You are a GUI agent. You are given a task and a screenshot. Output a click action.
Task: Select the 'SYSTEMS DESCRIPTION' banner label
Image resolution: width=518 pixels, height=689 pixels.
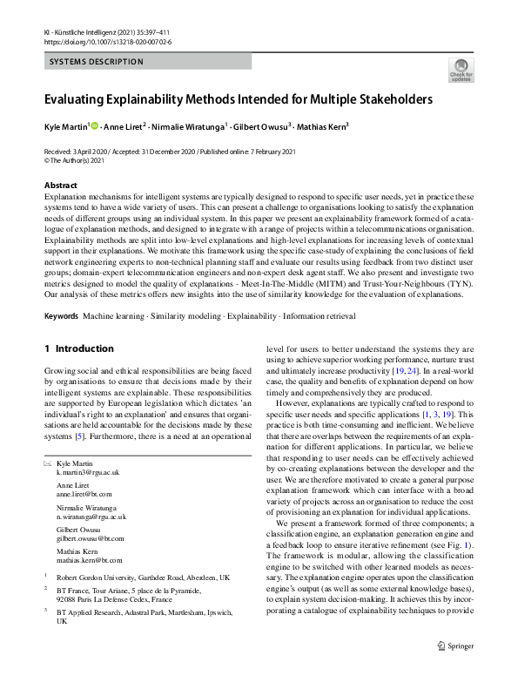point(96,62)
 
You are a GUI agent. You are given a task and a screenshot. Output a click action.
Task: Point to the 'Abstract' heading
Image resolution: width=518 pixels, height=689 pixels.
point(60,186)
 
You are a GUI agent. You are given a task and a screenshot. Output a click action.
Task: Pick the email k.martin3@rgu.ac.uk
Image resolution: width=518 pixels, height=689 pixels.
point(87,471)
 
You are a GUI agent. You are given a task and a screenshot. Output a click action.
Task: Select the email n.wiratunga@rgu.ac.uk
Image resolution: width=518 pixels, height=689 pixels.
point(91,517)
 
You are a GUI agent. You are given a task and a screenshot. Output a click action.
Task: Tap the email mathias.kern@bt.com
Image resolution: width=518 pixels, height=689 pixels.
point(89,561)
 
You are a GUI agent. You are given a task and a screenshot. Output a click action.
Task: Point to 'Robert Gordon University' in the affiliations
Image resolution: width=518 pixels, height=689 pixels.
point(97,578)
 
